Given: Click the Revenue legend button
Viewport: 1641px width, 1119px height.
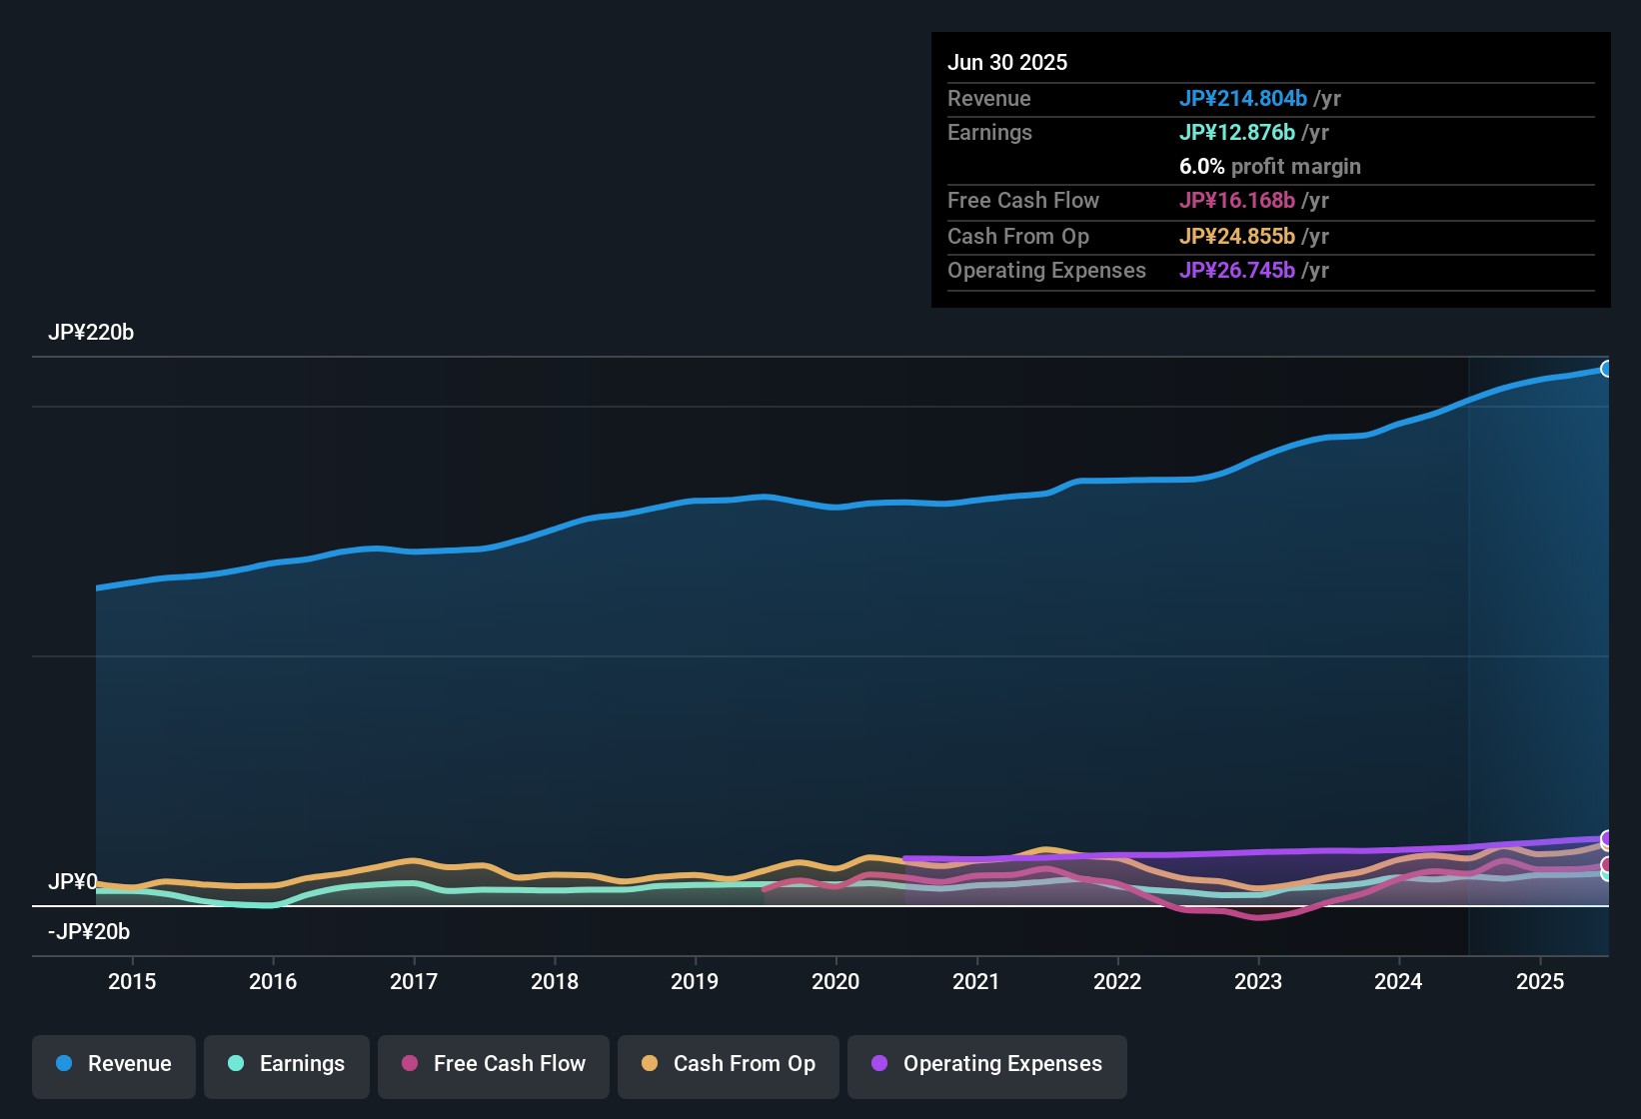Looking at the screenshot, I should pyautogui.click(x=114, y=1064).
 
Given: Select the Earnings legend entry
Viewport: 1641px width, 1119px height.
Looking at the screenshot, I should pyautogui.click(x=287, y=1064).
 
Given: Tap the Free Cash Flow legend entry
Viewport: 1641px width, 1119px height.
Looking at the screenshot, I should pyautogui.click(x=494, y=1064).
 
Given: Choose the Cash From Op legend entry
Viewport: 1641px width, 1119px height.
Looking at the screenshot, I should pyautogui.click(x=729, y=1064).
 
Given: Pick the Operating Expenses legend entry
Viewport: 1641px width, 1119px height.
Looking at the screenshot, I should pyautogui.click(x=987, y=1064).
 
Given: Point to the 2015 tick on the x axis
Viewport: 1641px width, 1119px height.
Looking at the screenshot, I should pyautogui.click(x=132, y=981).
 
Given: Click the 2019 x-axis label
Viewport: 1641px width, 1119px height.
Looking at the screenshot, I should pyautogui.click(x=695, y=981).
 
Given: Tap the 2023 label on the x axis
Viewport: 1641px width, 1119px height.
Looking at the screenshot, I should pyautogui.click(x=1258, y=981).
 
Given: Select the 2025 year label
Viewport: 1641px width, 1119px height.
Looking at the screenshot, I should pyautogui.click(x=1540, y=981).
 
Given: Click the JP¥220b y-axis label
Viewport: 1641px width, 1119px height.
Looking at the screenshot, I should pyautogui.click(x=91, y=333).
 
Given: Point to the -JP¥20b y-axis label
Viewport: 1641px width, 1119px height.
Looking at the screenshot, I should pyautogui.click(x=89, y=932).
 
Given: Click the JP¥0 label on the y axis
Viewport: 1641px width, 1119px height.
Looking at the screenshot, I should pyautogui.click(x=73, y=882).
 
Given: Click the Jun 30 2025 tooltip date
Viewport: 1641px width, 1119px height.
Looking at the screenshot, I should pyautogui.click(x=1007, y=63).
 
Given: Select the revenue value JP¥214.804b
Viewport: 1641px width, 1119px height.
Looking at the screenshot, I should pyautogui.click(x=1242, y=99).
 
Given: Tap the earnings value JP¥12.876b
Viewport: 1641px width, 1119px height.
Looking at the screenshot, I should pyautogui.click(x=1236, y=133).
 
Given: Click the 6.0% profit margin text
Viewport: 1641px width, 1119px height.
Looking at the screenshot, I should pyautogui.click(x=1269, y=167).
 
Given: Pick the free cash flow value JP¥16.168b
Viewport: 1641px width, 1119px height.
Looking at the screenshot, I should pyautogui.click(x=1236, y=201).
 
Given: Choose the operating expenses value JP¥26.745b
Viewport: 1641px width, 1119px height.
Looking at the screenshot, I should pyautogui.click(x=1236, y=271).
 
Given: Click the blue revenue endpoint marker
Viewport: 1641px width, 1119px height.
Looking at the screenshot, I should pyautogui.click(x=1606, y=370).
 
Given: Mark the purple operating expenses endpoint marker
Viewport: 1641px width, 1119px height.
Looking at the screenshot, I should pyautogui.click(x=1606, y=838).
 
